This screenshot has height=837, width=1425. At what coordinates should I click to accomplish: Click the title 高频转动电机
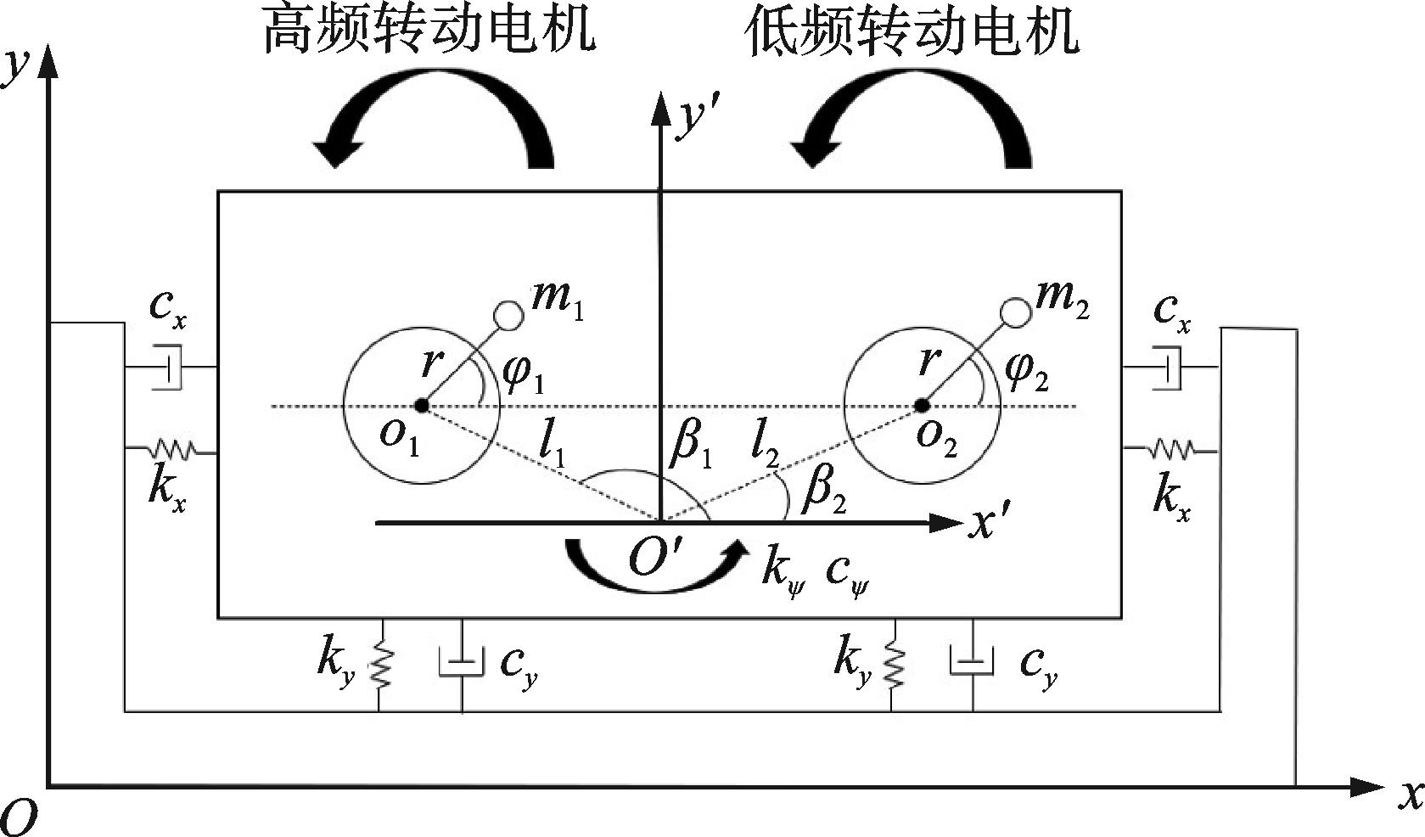point(429,30)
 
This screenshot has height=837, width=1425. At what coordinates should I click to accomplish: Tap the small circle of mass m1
point(509,315)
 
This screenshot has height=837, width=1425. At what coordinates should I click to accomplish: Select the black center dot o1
point(421,406)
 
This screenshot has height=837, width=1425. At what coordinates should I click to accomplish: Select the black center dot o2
point(922,406)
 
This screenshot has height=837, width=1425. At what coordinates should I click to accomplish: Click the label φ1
point(524,374)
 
